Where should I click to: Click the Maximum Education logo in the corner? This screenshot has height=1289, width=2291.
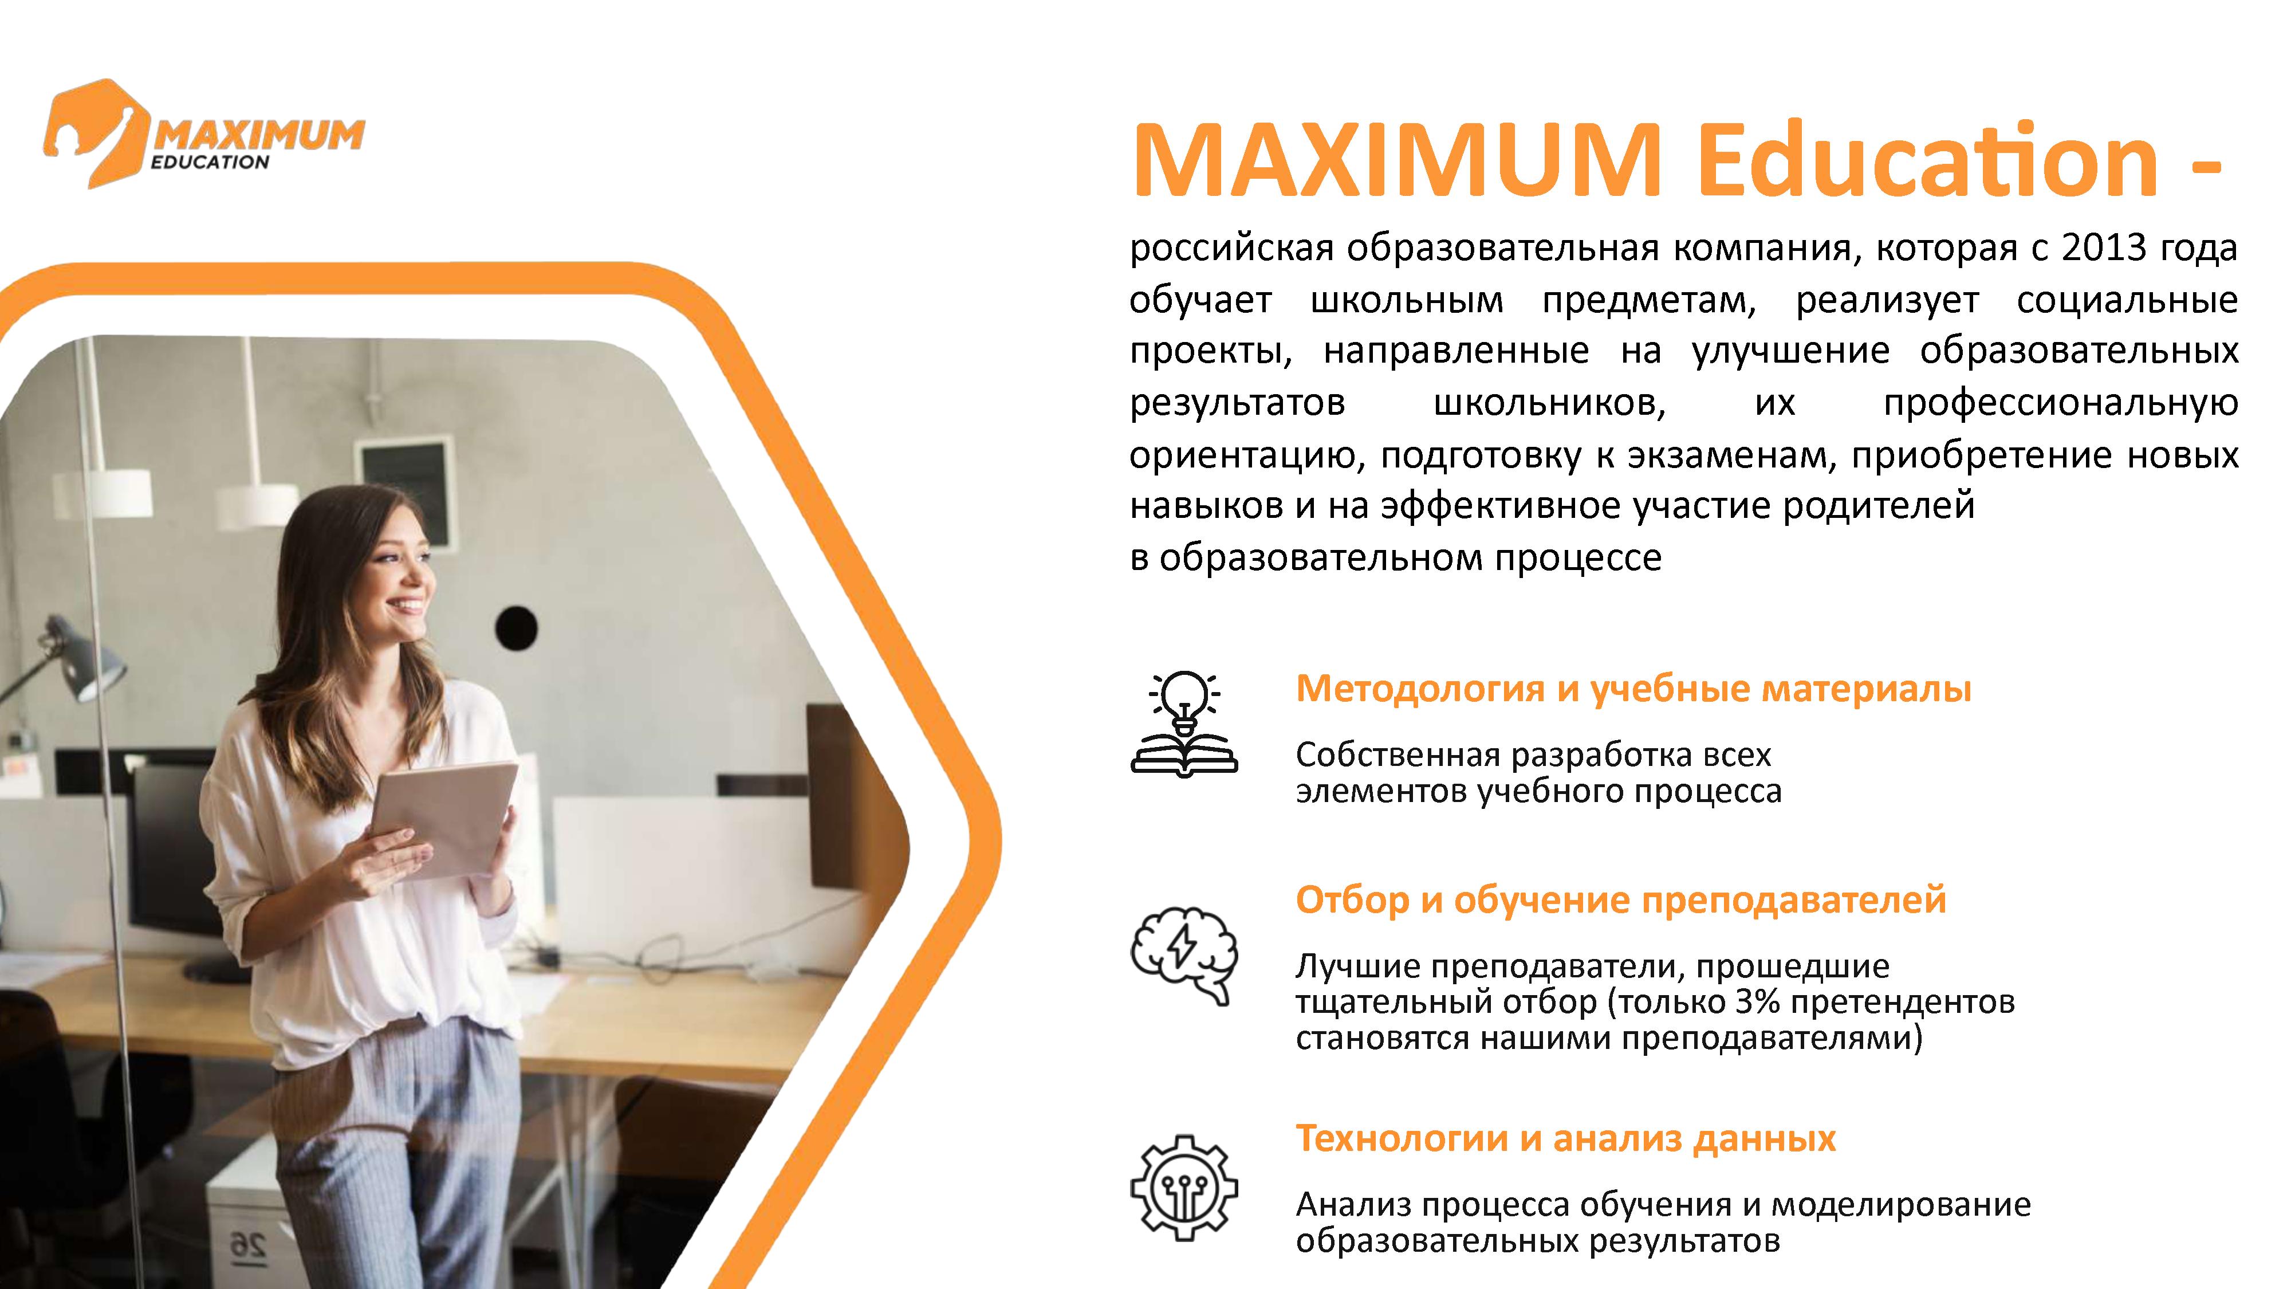pyautogui.click(x=203, y=133)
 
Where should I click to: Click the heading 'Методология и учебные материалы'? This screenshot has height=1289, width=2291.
pyautogui.click(x=1633, y=689)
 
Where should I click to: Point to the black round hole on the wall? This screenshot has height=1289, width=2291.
pyautogui.click(x=516, y=627)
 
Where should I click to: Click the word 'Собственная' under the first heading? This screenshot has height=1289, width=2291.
pyautogui.click(x=1397, y=755)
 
